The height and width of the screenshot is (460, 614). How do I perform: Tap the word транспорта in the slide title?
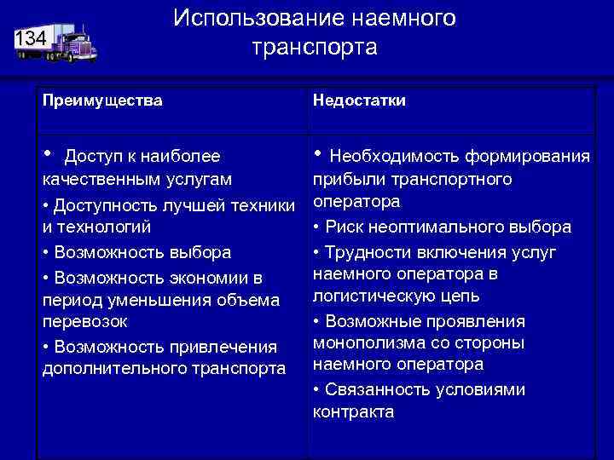[x=314, y=47]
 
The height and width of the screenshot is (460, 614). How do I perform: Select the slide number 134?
[x=31, y=37]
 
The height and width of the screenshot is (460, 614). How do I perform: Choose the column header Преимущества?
[x=103, y=101]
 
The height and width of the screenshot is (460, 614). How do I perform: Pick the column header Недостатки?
[x=359, y=101]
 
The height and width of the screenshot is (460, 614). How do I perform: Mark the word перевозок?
[x=84, y=321]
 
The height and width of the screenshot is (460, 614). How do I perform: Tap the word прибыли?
[x=344, y=180]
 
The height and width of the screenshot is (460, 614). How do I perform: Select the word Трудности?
[x=368, y=253]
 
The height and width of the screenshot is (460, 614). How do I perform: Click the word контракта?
[x=353, y=411]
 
